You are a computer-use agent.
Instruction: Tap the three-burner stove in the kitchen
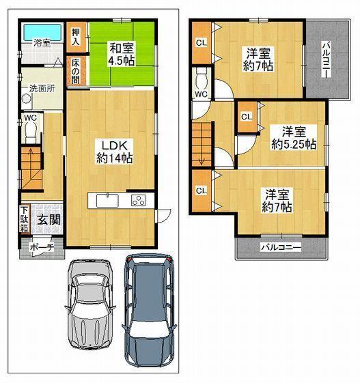tap(139, 201)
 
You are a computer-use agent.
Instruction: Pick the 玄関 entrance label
tap(47, 220)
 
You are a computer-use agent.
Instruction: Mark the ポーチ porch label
tap(41, 249)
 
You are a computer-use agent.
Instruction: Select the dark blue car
tap(150, 311)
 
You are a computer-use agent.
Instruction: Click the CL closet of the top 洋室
tap(202, 43)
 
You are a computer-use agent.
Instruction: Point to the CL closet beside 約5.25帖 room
tap(246, 117)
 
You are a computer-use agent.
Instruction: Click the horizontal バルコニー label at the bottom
tap(280, 249)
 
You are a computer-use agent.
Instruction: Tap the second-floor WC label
tap(202, 94)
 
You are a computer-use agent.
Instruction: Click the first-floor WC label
tap(30, 117)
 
